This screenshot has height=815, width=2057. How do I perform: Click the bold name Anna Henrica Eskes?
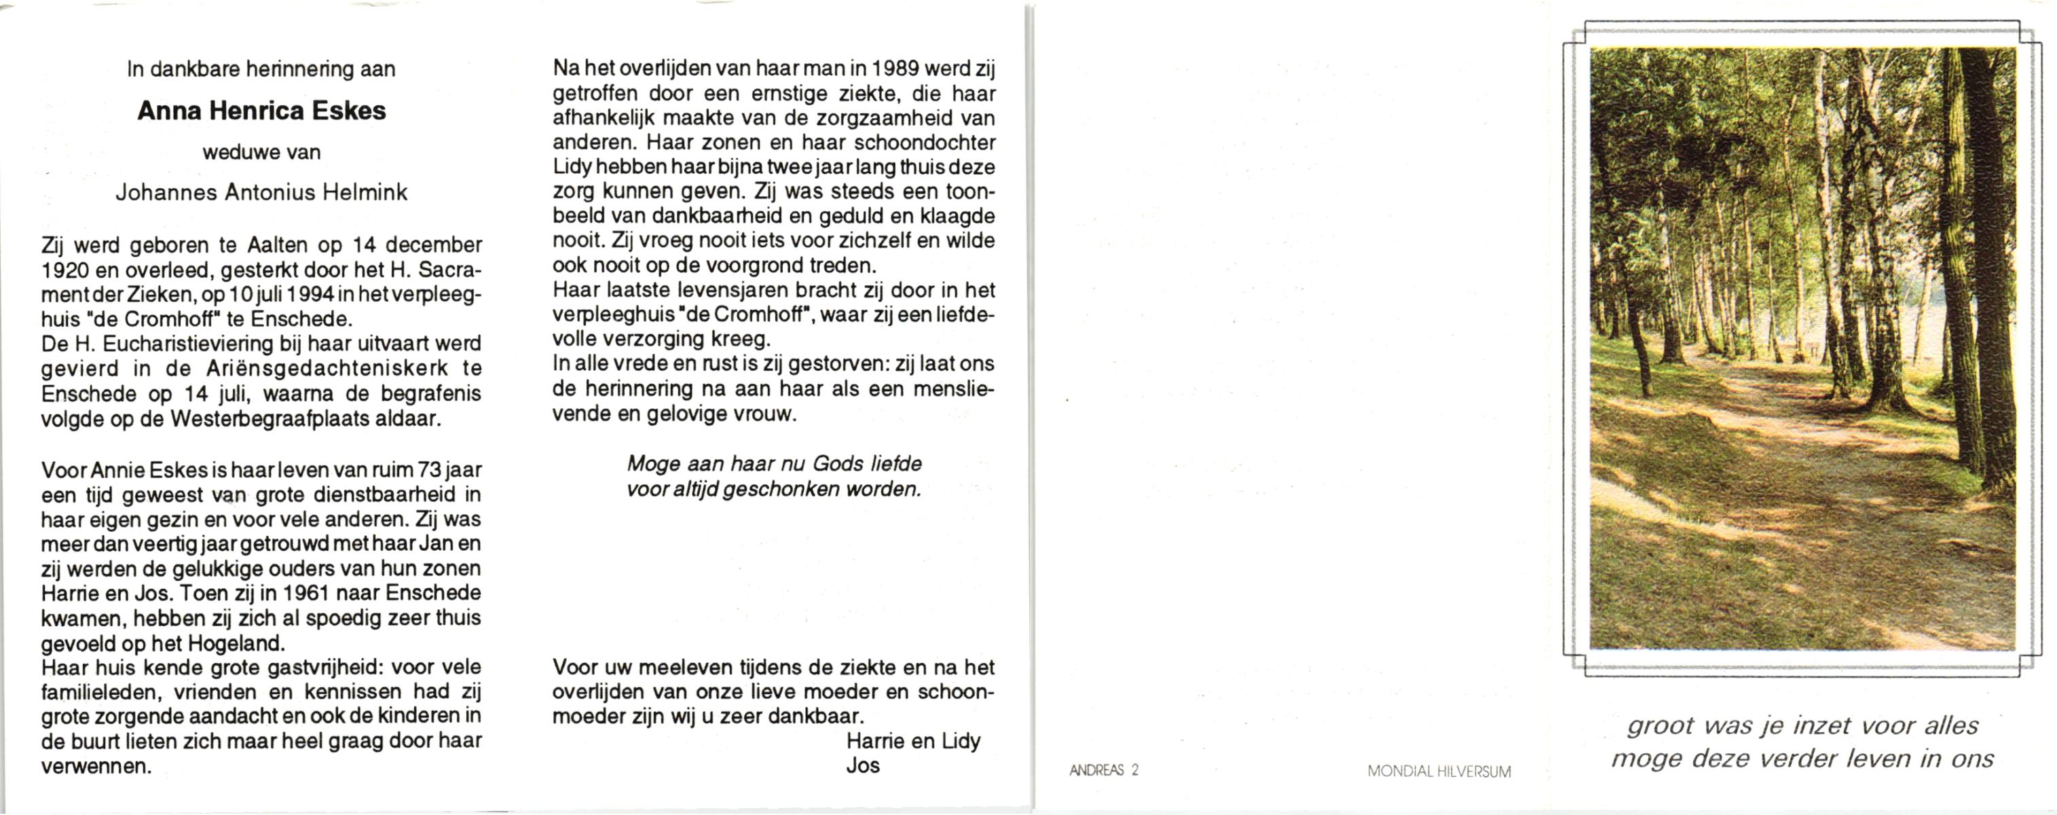261,111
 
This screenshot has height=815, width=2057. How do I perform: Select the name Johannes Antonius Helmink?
261,193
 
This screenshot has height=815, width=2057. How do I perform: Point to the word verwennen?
96,766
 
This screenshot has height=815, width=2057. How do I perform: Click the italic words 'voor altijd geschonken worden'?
774,489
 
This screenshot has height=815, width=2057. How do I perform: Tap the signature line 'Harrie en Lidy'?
912,742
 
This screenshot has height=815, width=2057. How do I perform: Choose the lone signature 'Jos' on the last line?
862,765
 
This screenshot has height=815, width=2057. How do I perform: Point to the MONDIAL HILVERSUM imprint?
1439,772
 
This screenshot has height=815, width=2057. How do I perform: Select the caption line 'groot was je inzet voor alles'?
1802,725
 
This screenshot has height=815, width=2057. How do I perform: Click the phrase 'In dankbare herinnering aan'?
261,69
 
